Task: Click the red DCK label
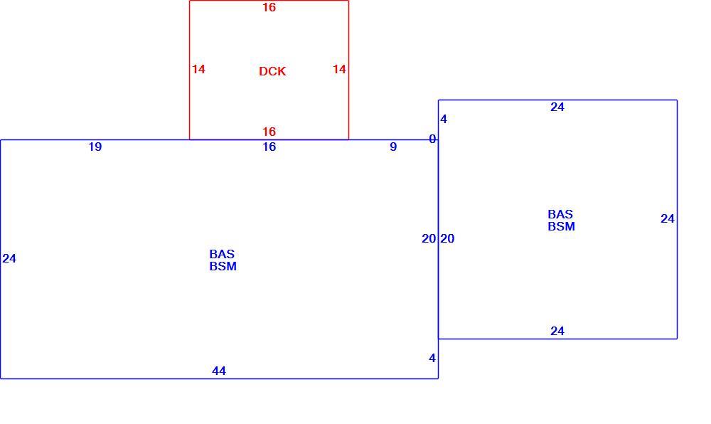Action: (x=272, y=71)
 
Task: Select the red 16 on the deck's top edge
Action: (x=269, y=7)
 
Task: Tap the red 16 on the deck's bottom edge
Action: (x=269, y=132)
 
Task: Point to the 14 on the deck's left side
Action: (x=198, y=69)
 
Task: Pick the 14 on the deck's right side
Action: (x=339, y=69)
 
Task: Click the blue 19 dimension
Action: (x=95, y=147)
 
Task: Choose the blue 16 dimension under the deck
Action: (x=269, y=147)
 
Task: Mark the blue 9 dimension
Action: (x=393, y=147)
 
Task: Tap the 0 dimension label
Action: (x=432, y=139)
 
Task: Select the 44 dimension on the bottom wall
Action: (x=219, y=371)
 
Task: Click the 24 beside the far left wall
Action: (x=9, y=258)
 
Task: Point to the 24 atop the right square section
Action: (x=557, y=107)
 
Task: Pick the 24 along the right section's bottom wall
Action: (x=557, y=331)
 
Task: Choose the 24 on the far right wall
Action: (x=668, y=218)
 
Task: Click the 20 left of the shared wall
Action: (x=429, y=238)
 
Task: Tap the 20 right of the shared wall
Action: (x=447, y=238)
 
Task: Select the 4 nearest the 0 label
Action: (x=444, y=119)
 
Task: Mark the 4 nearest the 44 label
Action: (x=432, y=358)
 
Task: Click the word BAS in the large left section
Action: (x=222, y=254)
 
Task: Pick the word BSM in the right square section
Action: (x=562, y=226)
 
